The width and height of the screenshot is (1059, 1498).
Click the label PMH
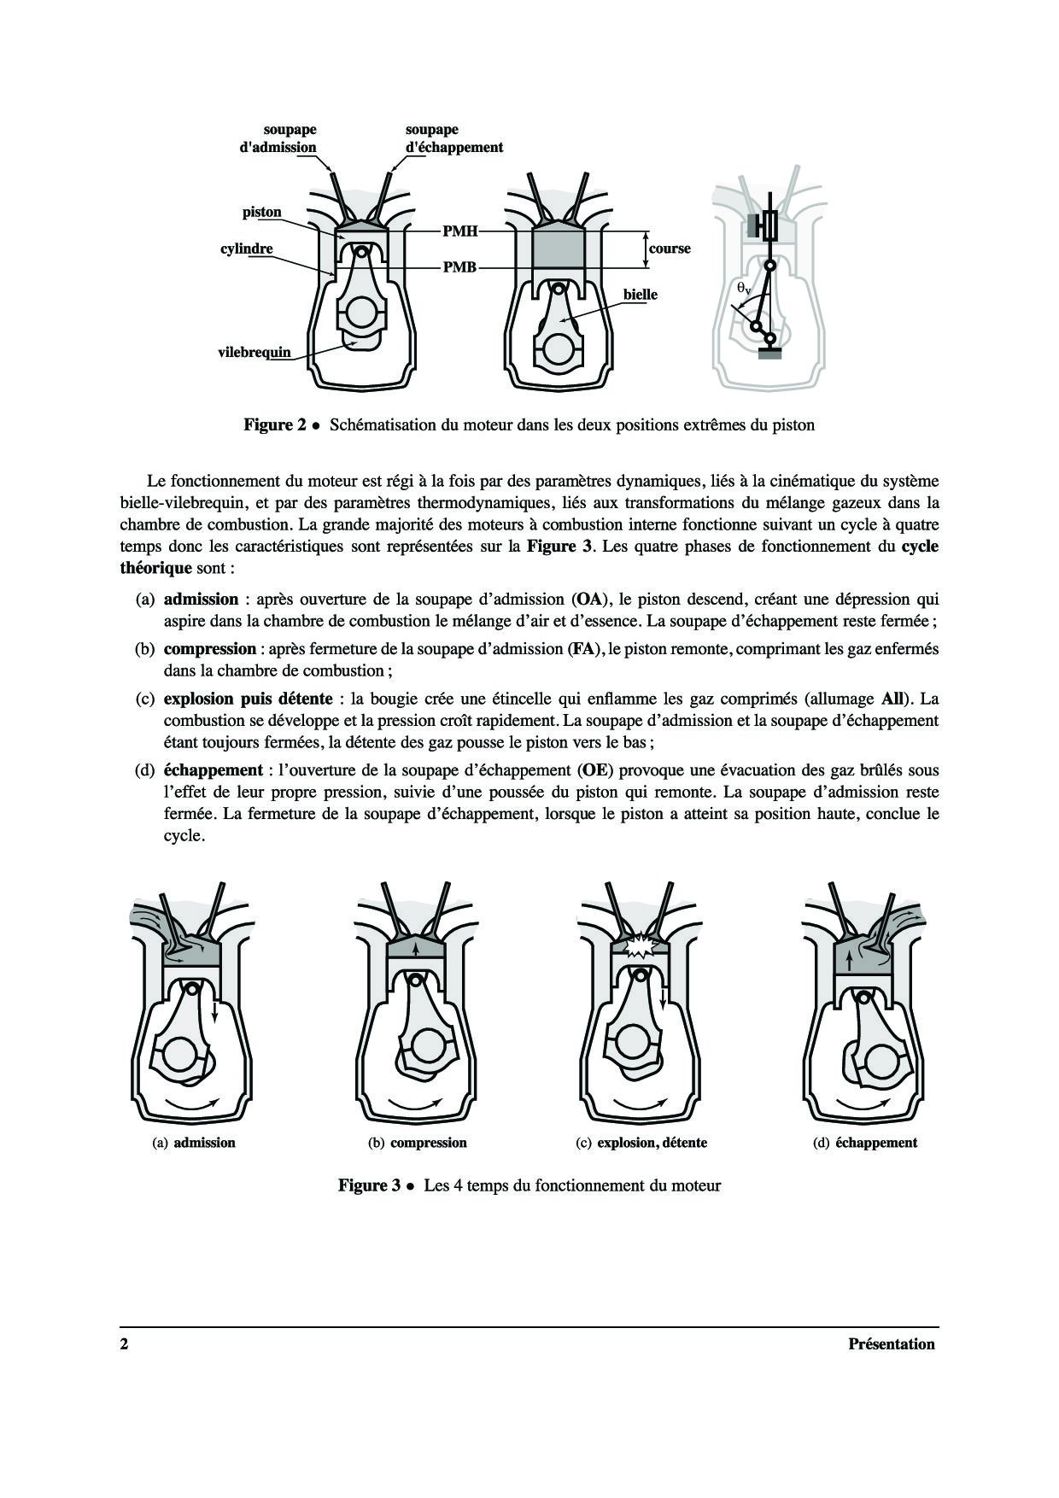459,231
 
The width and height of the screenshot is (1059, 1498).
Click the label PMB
459,267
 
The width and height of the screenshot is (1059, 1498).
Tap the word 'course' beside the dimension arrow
670,249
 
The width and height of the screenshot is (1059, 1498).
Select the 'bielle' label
641,295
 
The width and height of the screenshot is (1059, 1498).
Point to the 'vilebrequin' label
255,352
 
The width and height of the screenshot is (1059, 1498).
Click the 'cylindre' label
247,249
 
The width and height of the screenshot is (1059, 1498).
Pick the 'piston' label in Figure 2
261,212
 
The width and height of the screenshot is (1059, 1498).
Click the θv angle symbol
744,289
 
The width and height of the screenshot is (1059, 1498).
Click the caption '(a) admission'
194,1143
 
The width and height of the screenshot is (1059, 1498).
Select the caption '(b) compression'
418,1143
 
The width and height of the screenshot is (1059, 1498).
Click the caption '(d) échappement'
865,1143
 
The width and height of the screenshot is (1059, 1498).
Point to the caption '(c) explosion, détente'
642,1143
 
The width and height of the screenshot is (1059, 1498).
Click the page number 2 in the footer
124,1344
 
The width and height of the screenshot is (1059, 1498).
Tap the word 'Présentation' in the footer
892,1344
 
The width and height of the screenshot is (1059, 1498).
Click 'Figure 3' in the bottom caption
369,1185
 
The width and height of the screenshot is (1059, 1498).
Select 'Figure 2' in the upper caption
275,424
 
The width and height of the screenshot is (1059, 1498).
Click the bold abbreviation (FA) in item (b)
583,649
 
